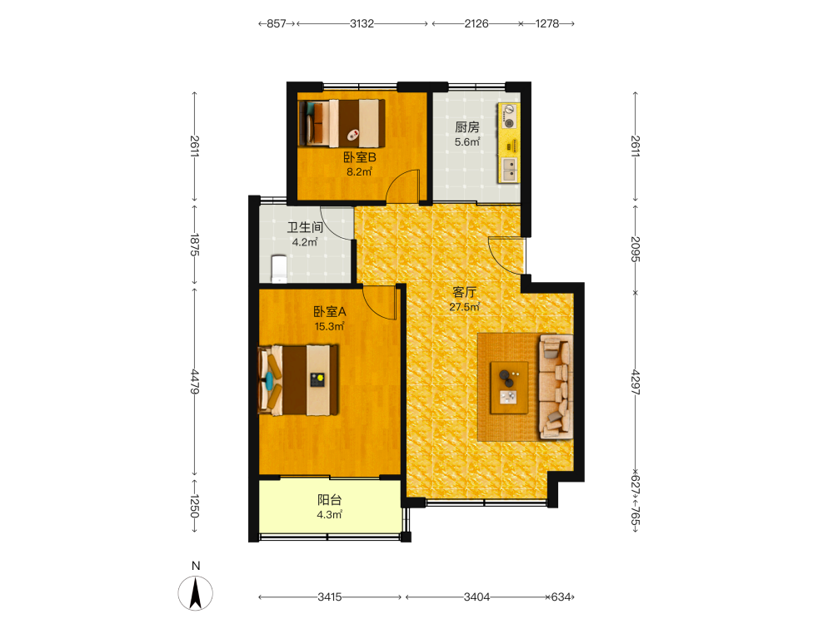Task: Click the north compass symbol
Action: [x=196, y=593]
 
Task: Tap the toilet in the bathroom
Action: [x=279, y=269]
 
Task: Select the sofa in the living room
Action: [x=556, y=387]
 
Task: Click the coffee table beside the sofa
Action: [x=509, y=388]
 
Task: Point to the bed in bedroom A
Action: [x=298, y=380]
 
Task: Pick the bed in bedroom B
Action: [x=342, y=123]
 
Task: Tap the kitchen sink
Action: [x=509, y=170]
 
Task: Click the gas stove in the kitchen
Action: [x=509, y=116]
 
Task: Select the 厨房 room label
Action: [x=467, y=127]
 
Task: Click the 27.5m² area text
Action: [x=465, y=307]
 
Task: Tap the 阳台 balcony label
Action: [x=329, y=500]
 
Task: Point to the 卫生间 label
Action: [x=305, y=228]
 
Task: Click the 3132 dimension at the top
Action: [x=362, y=24]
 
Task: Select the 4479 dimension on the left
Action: [x=195, y=382]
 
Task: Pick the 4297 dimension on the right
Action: [x=636, y=383]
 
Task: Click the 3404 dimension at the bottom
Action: [x=476, y=597]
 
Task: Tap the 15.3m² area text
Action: [x=329, y=326]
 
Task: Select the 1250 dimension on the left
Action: [x=195, y=506]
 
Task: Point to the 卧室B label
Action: [x=360, y=157]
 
